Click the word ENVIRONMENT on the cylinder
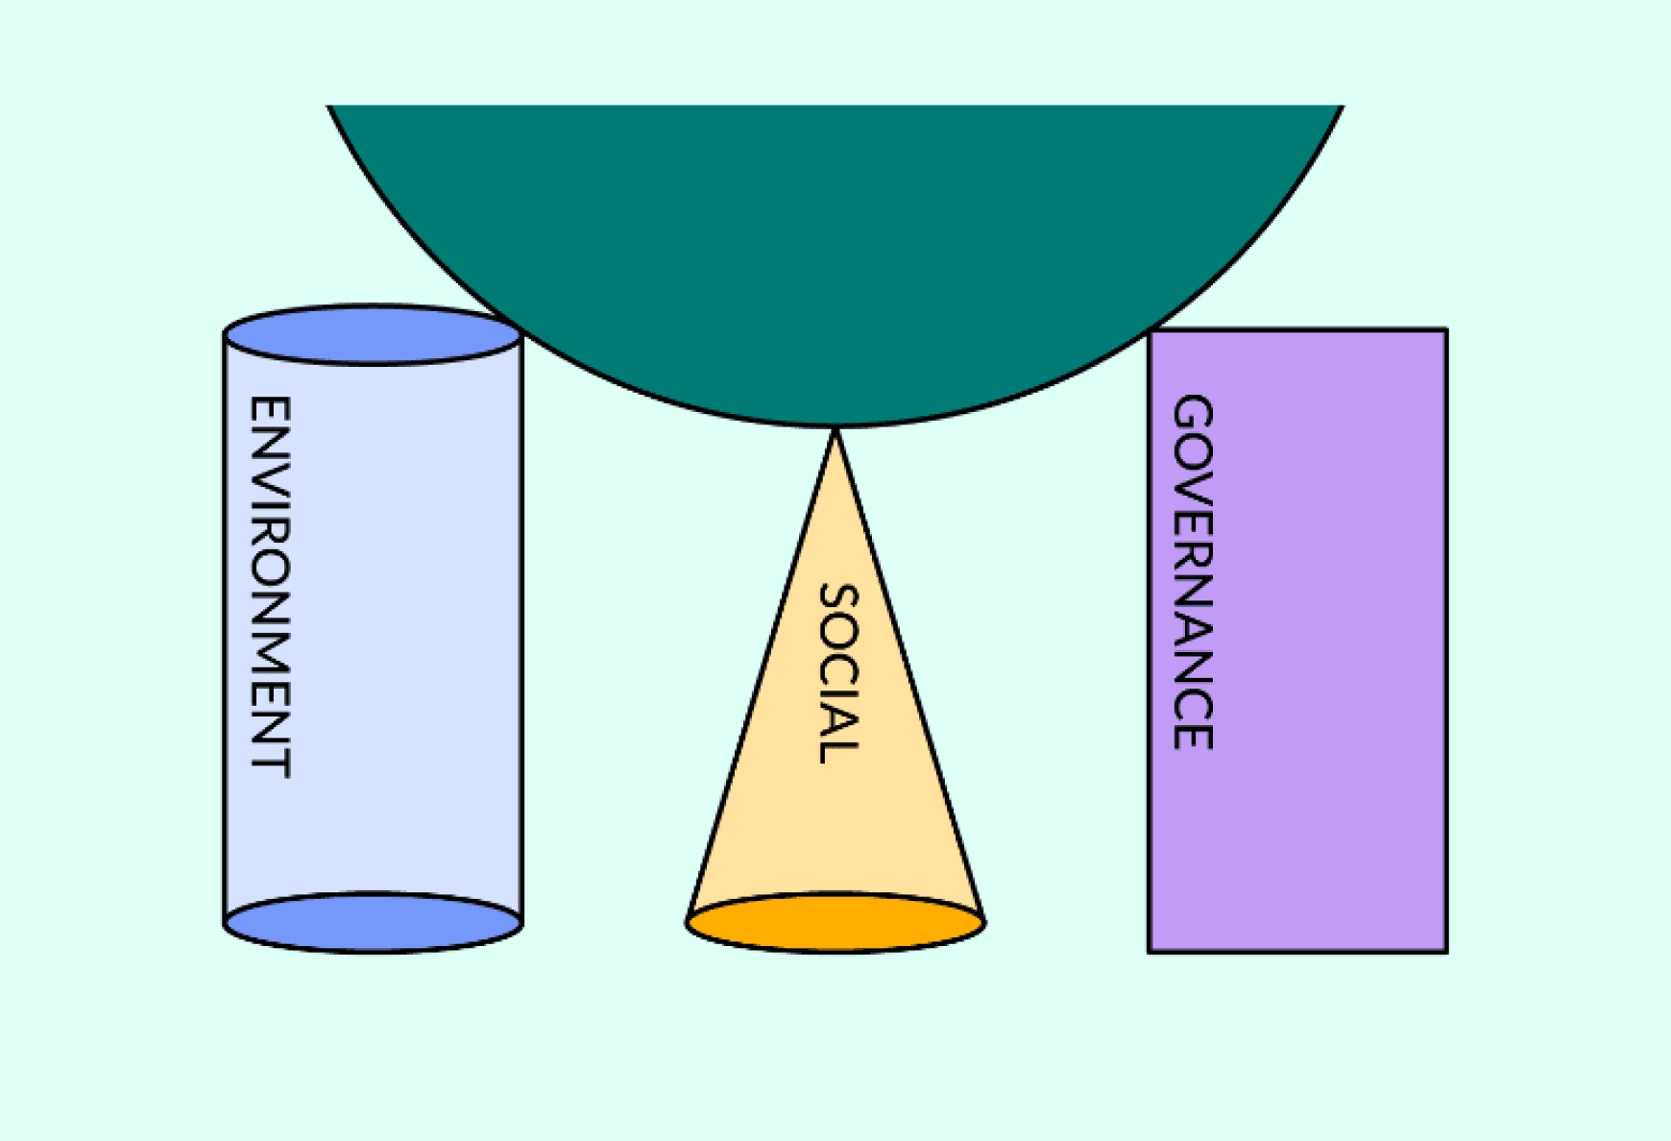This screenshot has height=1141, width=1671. (x=270, y=586)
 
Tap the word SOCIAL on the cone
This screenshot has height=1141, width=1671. (x=837, y=673)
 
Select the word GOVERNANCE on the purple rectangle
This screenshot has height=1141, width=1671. (x=1194, y=571)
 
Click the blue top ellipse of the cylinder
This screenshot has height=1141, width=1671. (x=373, y=335)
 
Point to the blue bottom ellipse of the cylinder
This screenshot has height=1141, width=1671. (x=373, y=923)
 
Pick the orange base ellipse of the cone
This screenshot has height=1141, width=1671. (x=835, y=923)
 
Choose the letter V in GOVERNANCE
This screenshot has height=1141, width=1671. (x=1194, y=491)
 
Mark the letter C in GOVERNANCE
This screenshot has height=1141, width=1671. (x=1194, y=699)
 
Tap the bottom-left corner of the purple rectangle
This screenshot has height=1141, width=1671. (x=1150, y=951)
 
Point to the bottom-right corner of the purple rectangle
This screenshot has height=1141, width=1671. (x=1446, y=951)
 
